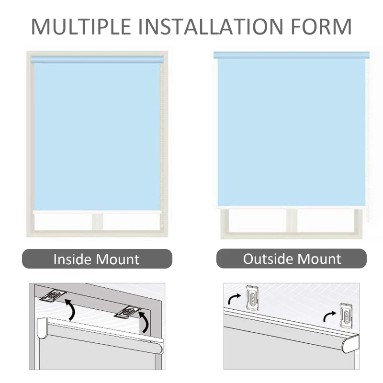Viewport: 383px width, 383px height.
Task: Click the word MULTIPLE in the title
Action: click(81, 26)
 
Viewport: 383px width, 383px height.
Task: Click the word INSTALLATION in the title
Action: click(211, 26)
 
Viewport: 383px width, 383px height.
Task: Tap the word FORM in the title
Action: click(321, 26)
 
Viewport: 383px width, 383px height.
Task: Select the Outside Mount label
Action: click(292, 259)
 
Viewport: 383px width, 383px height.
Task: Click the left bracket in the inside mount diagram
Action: click(54, 295)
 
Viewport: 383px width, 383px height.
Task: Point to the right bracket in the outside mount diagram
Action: click(347, 313)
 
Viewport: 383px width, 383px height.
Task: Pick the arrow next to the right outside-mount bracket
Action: click(329, 316)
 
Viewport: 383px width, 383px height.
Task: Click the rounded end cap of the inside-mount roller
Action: click(42, 328)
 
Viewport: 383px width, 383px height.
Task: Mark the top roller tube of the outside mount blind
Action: click(291, 55)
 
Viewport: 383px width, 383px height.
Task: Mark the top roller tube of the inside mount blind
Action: click(97, 59)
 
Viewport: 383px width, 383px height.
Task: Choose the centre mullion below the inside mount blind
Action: click(97, 222)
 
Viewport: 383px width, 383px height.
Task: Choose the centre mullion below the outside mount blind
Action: click(292, 221)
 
